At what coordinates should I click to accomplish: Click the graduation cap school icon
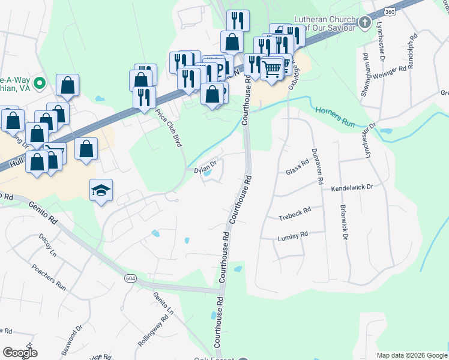pyautogui.click(x=101, y=191)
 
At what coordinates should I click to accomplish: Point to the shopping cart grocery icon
pyautogui.click(x=272, y=68)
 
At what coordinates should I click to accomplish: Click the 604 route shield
pyautogui.click(x=130, y=278)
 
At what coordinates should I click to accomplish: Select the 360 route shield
pyautogui.click(x=389, y=12)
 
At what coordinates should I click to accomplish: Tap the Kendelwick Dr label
pyautogui.click(x=352, y=188)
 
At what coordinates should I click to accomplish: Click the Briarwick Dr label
pyautogui.click(x=345, y=223)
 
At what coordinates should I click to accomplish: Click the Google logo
pyautogui.click(x=20, y=353)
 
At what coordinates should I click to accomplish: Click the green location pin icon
pyautogui.click(x=40, y=83)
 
